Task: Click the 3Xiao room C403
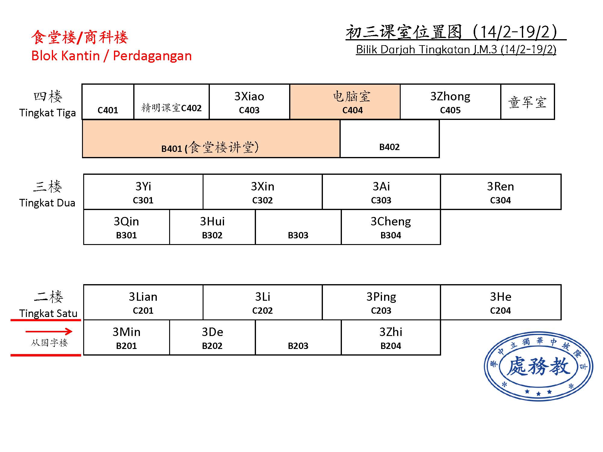coord(249,102)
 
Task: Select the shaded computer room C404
coord(345,102)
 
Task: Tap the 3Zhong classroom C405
coord(450,102)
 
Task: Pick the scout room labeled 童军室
coord(528,102)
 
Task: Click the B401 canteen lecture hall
coord(211,139)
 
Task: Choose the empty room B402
coord(390,139)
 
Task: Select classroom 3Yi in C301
coord(143,192)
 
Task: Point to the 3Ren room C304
coord(501,192)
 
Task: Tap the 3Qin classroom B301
coord(127,227)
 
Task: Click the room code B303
coord(298,235)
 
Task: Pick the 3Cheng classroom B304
coord(391,227)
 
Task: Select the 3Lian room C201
coord(143,302)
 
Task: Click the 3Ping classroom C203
coord(381,302)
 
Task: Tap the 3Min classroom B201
coord(127,337)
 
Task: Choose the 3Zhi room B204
coord(391,337)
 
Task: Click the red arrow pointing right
coord(49,331)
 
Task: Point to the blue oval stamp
coord(538,366)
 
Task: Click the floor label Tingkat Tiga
coord(48,113)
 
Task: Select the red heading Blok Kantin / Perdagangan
coord(112,56)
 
